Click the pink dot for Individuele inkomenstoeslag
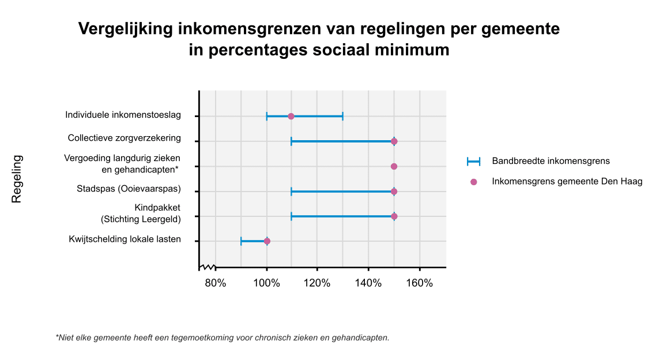[291, 117]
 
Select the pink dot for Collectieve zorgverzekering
[394, 141]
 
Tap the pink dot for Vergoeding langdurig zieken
[394, 166]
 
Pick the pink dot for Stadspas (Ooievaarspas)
[394, 192]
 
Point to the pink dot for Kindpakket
[394, 216]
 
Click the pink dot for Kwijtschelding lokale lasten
[266, 241]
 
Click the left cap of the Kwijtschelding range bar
[241, 241]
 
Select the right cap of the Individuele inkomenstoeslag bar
[342, 117]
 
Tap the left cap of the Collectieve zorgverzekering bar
[292, 141]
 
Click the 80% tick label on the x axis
[215, 283]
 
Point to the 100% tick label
[266, 283]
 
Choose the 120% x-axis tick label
[317, 283]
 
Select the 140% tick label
[368, 283]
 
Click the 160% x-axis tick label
[419, 283]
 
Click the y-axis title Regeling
[17, 179]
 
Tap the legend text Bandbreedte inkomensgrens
[551, 161]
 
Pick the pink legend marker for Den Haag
[473, 182]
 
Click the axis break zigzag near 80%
[207, 267]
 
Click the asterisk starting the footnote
[57, 337]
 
